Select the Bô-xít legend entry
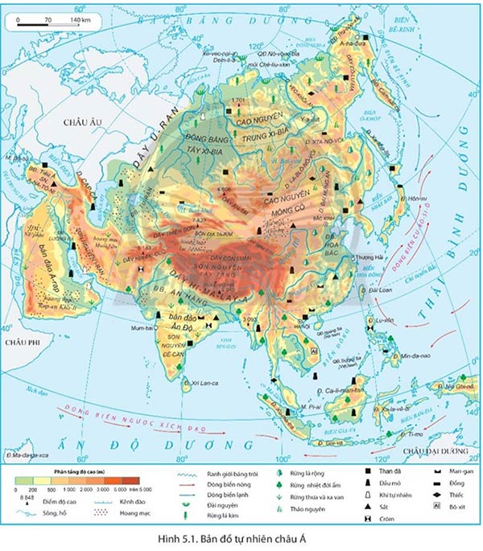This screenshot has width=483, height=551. (x=457, y=508)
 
